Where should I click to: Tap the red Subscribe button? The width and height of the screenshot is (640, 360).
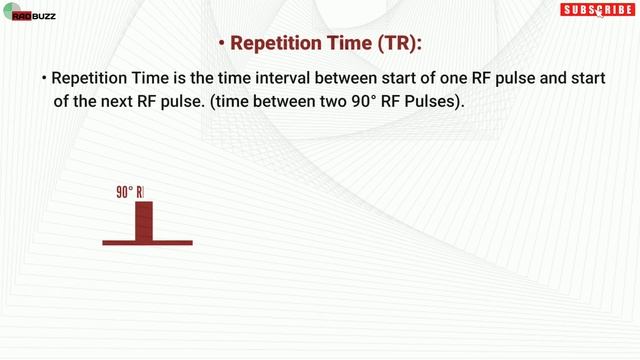(596, 10)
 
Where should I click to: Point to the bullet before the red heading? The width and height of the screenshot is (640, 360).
(220, 45)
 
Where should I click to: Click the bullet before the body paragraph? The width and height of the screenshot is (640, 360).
(44, 79)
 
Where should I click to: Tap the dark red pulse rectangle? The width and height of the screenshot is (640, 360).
(144, 221)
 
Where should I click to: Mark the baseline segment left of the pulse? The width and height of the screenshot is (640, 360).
(118, 243)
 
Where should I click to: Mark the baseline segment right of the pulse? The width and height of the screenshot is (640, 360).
(172, 243)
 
